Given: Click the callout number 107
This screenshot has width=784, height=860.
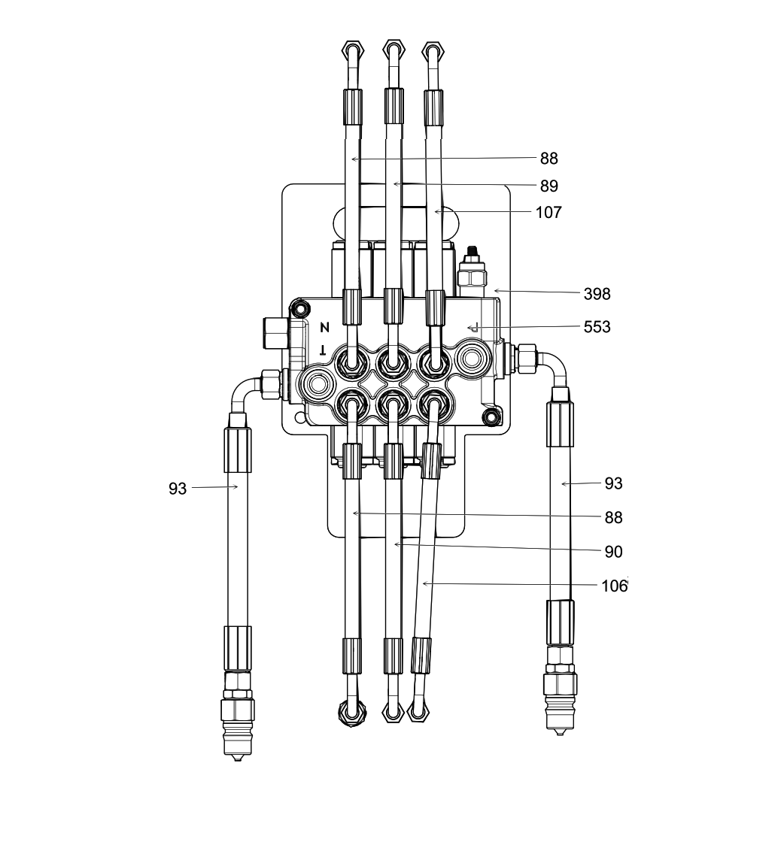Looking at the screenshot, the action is tap(548, 212).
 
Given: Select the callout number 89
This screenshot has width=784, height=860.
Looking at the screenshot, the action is tap(549, 186).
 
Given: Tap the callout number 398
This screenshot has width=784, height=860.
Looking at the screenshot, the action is tap(597, 294).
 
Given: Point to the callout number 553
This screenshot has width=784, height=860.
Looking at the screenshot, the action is tap(597, 327).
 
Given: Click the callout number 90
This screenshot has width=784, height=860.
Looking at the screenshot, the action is tap(613, 552).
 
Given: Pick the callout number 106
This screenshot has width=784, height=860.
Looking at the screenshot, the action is tap(615, 586).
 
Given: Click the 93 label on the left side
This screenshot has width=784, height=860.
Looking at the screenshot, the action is tap(178, 488).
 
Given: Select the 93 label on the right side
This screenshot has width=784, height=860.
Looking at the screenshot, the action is tap(613, 483).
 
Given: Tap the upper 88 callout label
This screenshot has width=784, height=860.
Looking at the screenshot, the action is tap(549, 159).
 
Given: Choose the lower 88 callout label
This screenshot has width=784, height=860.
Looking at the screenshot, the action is tap(613, 518).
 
